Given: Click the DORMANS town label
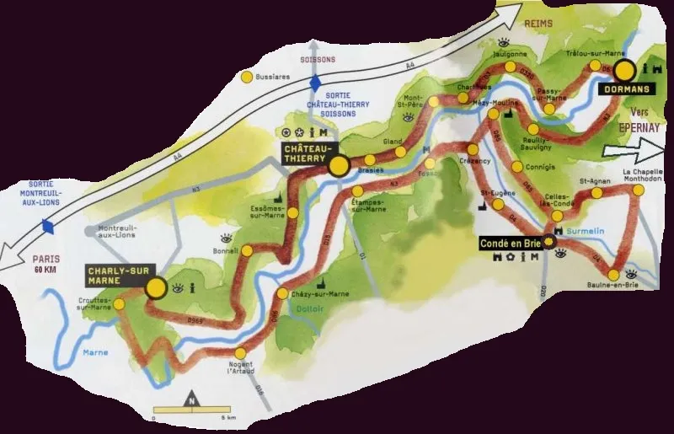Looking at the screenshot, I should (623, 87).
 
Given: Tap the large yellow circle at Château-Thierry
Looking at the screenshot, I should (339, 166).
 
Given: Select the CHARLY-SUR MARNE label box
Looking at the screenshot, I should (114, 276).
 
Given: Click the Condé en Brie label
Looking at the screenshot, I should (510, 243).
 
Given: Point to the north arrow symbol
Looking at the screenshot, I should (193, 402).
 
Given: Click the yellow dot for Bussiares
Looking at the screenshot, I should (247, 77).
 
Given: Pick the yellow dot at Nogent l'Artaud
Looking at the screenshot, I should (242, 353).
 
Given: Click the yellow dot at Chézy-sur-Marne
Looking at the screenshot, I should (282, 294).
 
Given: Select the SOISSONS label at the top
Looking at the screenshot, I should (318, 60).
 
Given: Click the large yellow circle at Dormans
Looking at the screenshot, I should (624, 69).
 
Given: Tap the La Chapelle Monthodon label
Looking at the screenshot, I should (643, 177).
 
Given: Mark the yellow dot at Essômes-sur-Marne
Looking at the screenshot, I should (292, 213).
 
